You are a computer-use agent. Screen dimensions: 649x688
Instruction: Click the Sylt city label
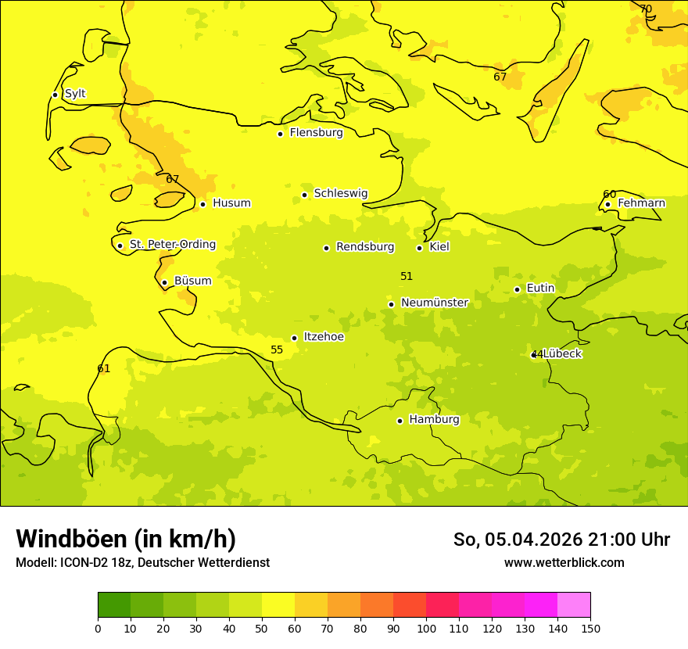coord(75,94)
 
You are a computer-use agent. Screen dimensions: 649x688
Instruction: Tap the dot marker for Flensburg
coord(280,134)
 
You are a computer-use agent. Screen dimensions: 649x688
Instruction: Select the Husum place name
coord(231,203)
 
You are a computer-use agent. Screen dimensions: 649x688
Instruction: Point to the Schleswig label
coord(340,193)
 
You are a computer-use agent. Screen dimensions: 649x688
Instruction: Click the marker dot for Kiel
coord(419,248)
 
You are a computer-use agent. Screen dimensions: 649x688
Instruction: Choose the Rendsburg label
coord(365,247)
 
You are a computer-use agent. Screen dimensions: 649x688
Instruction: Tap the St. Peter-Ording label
coord(172,245)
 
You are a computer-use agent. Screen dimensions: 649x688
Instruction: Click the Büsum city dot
coord(164,282)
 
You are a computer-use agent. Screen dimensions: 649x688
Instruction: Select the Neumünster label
coord(434,303)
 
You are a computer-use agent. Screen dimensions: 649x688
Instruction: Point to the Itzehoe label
coord(323,337)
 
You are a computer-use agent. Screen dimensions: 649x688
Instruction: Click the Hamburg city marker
coord(400,421)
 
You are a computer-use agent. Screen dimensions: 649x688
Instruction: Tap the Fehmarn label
coord(641,203)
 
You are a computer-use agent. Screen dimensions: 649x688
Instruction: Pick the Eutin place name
coord(540,289)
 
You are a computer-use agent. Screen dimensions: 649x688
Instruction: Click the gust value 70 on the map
coord(646,9)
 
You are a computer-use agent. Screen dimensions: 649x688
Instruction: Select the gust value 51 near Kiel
coord(407,276)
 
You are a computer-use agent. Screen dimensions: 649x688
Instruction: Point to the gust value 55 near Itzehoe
coord(277,350)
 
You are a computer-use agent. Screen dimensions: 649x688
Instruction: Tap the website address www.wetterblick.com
coord(564,562)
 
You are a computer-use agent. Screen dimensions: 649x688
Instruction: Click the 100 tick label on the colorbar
coord(426,628)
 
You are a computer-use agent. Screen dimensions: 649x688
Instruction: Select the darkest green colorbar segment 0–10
coord(114,605)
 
